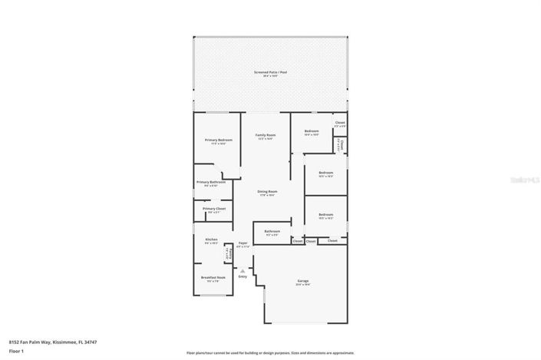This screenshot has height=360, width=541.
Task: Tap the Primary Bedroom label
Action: (x=218, y=140)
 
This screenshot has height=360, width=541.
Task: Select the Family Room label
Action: (x=266, y=134)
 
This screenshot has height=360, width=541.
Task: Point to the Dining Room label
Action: (x=267, y=191)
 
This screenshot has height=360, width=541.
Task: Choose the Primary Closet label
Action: (x=214, y=209)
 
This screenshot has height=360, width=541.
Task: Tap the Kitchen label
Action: (x=211, y=239)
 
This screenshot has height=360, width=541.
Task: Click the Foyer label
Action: (x=242, y=242)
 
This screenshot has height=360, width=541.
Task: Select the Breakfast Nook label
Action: (x=213, y=277)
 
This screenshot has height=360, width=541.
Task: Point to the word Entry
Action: (x=242, y=276)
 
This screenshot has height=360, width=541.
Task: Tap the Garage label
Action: (x=302, y=281)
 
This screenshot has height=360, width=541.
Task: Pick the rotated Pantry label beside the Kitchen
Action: (x=227, y=253)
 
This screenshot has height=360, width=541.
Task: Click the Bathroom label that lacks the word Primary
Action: (x=272, y=230)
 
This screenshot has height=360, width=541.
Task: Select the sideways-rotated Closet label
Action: (x=341, y=144)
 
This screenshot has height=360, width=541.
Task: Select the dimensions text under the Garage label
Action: (x=302, y=285)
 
